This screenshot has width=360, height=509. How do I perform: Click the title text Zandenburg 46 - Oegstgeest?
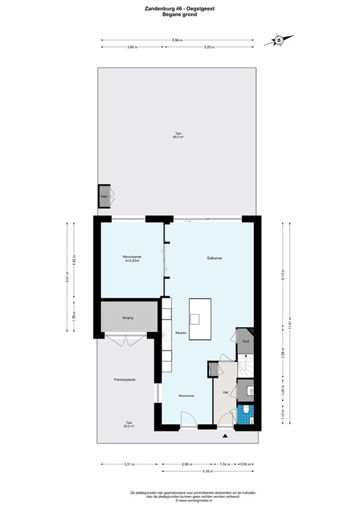coord(179,9)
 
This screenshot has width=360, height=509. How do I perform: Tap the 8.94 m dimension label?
coord(177,40)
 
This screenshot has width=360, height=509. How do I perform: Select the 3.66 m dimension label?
coord(132,48)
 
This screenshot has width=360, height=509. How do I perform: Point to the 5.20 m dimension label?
coord(208,48)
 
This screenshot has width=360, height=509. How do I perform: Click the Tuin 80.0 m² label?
coord(178,135)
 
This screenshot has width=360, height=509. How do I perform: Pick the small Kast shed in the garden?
coord(104,197)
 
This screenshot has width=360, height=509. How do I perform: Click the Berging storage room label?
coord(128,318)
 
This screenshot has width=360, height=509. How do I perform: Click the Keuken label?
coord(180,332)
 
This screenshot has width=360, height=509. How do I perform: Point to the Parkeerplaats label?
coord(125,379)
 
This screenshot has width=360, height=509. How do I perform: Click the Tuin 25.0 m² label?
coord(129,424)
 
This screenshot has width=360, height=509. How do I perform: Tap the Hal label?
coord(225,392)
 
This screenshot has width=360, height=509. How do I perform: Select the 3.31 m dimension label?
coord(129,465)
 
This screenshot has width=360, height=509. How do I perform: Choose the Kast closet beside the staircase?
coord(245,341)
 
